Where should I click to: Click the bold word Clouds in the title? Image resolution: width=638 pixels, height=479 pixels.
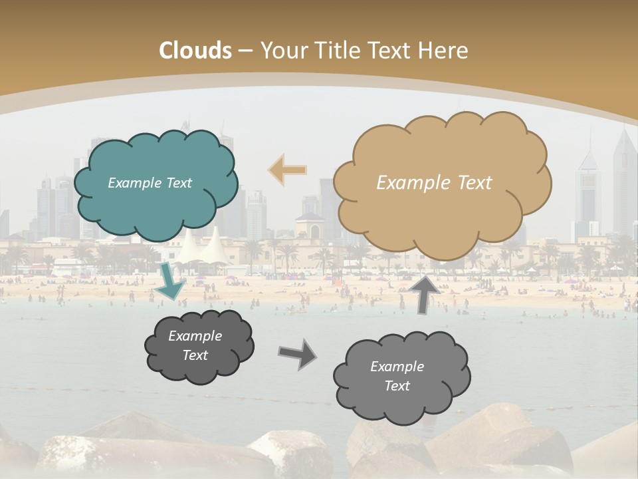pos(195,51)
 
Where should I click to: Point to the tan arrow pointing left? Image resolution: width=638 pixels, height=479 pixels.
pos(287,170)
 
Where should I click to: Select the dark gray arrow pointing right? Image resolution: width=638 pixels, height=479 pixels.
pos(297,353)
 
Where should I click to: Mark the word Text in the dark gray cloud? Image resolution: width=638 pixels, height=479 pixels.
pos(195,355)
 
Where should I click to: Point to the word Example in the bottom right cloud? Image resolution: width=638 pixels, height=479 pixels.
pos(397,367)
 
